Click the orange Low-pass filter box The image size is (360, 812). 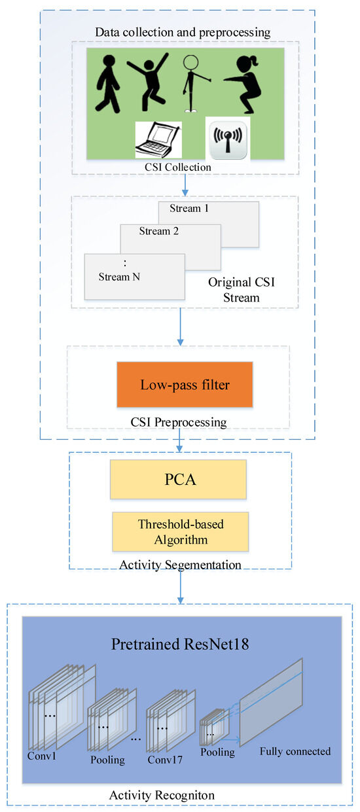pos(185,384)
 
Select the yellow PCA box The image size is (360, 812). pos(179,479)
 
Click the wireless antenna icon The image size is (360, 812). pos(226,138)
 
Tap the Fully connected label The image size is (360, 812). pos(295,751)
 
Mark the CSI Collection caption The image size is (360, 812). pos(179,167)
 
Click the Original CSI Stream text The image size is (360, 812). pos(234,290)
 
